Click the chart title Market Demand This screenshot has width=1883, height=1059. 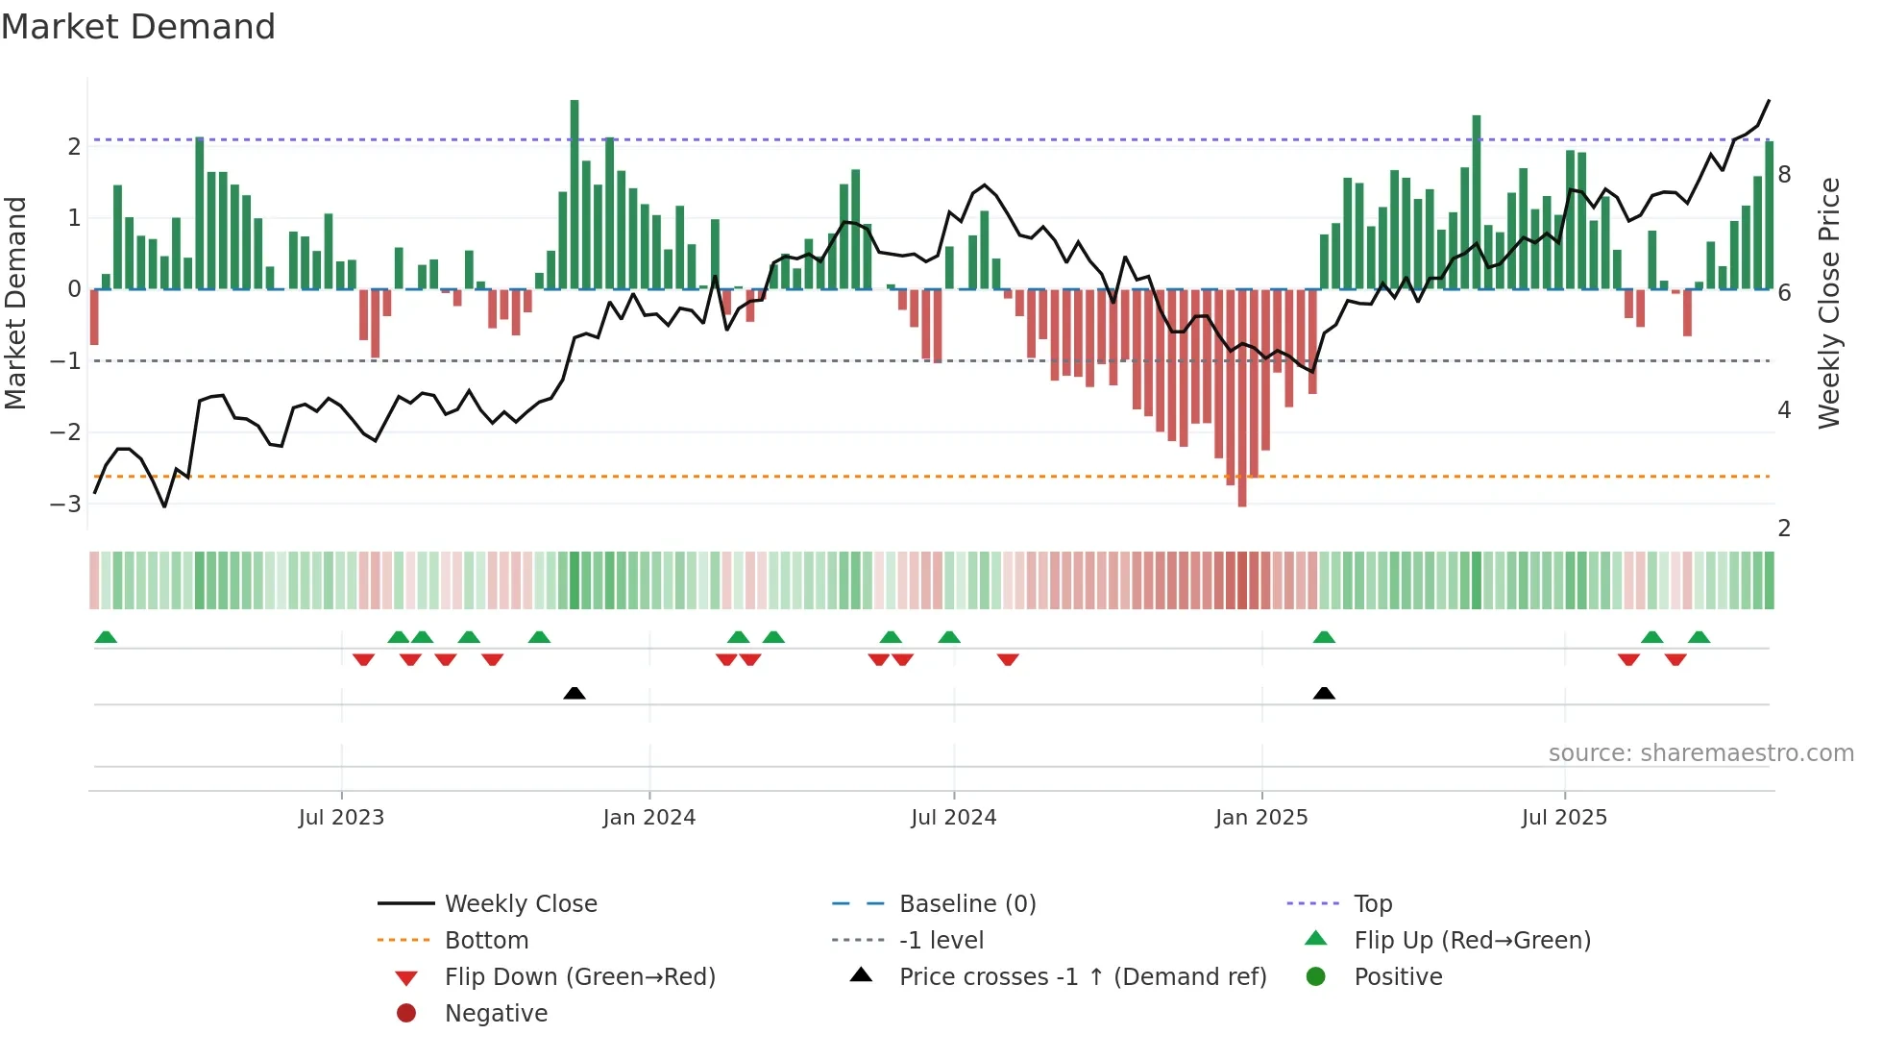138,27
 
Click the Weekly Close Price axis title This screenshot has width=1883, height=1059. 1828,303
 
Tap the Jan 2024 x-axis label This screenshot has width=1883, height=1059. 648,818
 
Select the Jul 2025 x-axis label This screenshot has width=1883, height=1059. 1563,818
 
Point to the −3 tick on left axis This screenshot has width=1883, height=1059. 66,504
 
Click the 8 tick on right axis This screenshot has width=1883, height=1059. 1784,175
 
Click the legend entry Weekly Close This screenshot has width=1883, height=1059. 520,903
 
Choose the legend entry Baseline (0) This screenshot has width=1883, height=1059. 966,903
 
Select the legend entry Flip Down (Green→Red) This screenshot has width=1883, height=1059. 579,976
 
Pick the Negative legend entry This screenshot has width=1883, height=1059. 496,1013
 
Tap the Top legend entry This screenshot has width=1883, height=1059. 1372,903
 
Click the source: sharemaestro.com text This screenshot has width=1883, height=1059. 1700,752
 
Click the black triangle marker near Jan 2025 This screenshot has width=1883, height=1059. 1324,693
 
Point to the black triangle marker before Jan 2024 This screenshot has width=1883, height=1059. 575,693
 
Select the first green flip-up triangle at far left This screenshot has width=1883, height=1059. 106,637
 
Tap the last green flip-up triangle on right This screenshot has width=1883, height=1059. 1699,637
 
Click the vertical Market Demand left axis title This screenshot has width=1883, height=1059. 15,303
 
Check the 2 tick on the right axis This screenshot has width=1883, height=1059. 1784,528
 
